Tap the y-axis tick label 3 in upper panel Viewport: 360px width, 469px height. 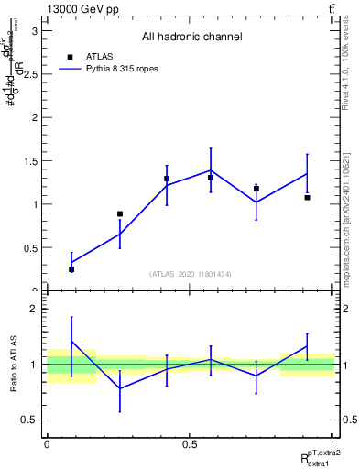click(35, 30)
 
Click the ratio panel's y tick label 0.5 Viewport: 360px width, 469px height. click(30, 420)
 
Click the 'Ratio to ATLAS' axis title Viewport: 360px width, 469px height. click(11, 365)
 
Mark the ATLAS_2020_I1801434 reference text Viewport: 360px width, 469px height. click(191, 274)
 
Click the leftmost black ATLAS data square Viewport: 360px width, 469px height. click(71, 269)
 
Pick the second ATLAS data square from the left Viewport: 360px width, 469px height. click(119, 213)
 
